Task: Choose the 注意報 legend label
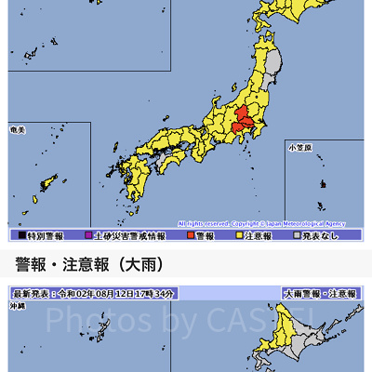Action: (x=258, y=236)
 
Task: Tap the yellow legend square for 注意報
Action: (x=238, y=236)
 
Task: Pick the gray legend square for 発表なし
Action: (x=298, y=236)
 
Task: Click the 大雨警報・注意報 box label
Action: (x=320, y=293)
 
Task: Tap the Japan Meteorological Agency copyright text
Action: (x=261, y=224)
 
